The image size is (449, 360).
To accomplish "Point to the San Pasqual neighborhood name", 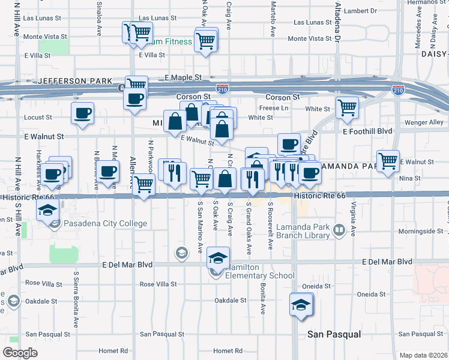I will pyautogui.click(x=334, y=334).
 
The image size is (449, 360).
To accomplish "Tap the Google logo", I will pyautogui.click(x=20, y=353).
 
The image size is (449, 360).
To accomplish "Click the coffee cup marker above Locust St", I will pyautogui.click(x=82, y=112).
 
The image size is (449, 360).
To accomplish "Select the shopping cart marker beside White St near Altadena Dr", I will pyautogui.click(x=347, y=107).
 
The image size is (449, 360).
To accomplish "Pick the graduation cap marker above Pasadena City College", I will pyautogui.click(x=46, y=210).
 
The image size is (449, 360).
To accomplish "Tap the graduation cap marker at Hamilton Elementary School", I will pyautogui.click(x=218, y=258).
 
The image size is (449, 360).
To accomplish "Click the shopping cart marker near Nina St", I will pyautogui.click(x=388, y=160).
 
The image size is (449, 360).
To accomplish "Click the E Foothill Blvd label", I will pyautogui.click(x=367, y=131).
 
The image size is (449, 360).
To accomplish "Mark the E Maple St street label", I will pyautogui.click(x=183, y=77).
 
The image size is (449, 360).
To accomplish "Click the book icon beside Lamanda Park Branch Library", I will pyautogui.click(x=339, y=230).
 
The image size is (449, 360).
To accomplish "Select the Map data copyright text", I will pyautogui.click(x=423, y=355).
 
